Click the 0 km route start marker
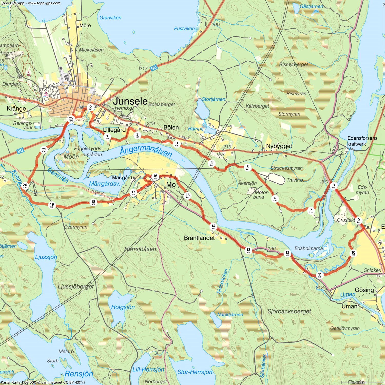coord(90,107)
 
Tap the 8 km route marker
coord(334,186)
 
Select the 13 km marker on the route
coord(248,250)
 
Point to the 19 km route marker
coord(52,205)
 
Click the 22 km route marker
coord(71,119)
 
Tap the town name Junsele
coord(130,101)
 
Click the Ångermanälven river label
coord(146,151)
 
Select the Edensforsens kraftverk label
coord(362,141)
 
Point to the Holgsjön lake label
coord(123,307)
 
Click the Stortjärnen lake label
coord(213,99)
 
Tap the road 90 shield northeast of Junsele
coord(154,68)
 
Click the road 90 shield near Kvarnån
coord(20,151)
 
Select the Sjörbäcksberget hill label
coord(289,311)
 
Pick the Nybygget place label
coord(279,146)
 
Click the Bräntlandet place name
coord(199,238)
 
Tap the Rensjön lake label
coord(79,373)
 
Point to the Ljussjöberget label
coord(76,286)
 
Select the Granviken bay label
coord(110,18)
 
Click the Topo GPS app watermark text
coord(31,3)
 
